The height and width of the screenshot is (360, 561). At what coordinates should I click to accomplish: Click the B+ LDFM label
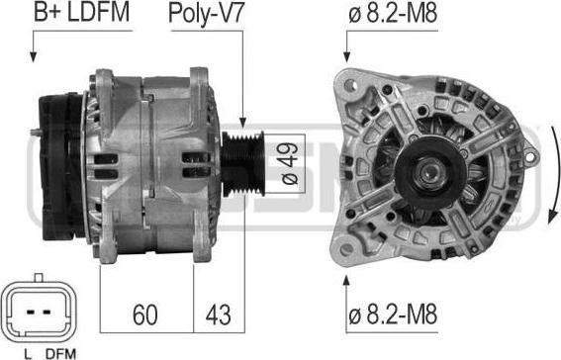point(81,12)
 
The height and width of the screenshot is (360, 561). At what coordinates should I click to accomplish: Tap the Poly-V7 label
point(207,14)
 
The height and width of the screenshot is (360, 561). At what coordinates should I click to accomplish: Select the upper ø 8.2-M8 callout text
point(393,14)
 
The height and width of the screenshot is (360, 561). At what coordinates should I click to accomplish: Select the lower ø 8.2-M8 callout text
point(393,315)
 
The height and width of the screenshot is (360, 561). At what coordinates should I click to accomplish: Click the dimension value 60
point(144,315)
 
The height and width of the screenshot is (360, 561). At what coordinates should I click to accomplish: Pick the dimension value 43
point(219,315)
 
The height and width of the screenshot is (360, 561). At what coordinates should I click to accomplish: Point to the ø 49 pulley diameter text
point(290,163)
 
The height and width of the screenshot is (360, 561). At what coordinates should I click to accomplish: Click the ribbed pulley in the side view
point(243,164)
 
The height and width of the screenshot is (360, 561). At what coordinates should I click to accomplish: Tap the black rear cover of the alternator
point(61,166)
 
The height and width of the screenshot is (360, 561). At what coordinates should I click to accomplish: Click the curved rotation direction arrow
point(554,175)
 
